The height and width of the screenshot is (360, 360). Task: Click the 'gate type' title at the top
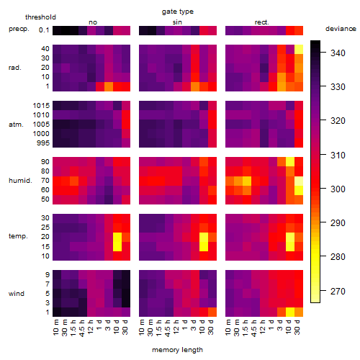[x=178, y=12]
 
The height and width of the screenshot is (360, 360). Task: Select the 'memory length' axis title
[x=177, y=350]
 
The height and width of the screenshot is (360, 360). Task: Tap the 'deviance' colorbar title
[x=341, y=29]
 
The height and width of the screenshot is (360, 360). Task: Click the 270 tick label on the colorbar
[x=338, y=291]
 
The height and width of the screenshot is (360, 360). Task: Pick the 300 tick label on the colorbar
[x=338, y=189]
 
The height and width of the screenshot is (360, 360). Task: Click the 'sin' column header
[x=177, y=22]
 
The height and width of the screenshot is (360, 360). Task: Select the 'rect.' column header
[x=262, y=22]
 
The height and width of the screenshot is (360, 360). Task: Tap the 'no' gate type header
[x=93, y=22]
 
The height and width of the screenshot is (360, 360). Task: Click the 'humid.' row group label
[x=20, y=181]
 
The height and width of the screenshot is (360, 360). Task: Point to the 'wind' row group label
[x=17, y=294]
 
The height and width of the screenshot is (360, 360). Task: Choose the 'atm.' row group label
[x=16, y=125]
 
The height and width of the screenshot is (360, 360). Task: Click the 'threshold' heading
[x=40, y=17]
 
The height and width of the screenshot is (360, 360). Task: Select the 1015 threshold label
[x=41, y=106]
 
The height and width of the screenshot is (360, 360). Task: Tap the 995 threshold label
[x=43, y=143]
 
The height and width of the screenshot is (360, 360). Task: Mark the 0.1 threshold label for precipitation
[x=44, y=30]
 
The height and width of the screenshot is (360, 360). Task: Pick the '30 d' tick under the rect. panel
[x=298, y=327]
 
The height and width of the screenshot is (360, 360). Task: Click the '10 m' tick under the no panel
[x=57, y=328]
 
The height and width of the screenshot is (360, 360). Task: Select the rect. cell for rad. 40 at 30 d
[x=299, y=49]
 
